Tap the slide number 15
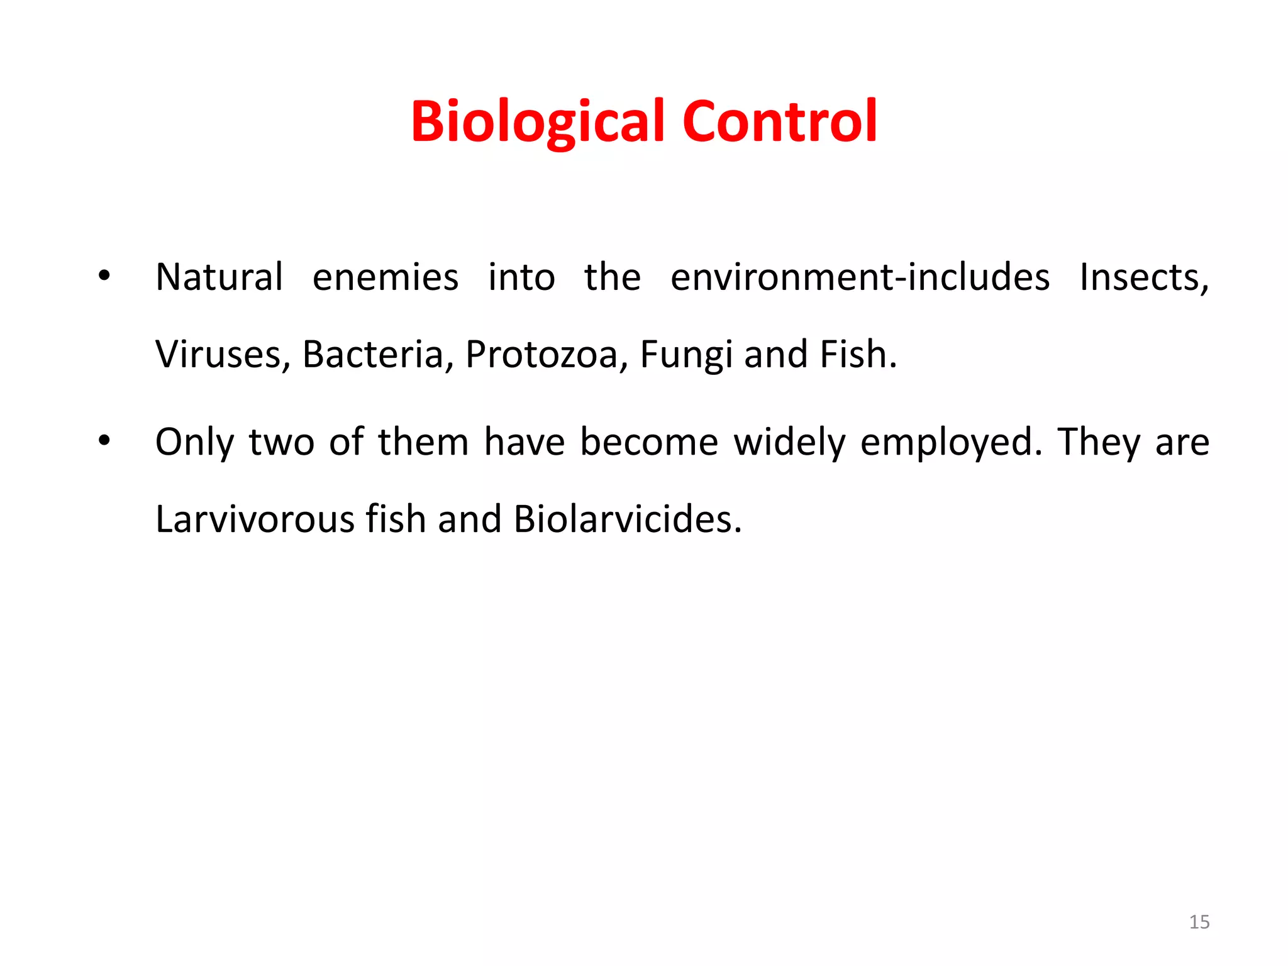point(1199,922)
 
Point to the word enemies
point(386,277)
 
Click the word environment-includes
point(860,277)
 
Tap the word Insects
point(1144,277)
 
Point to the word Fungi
point(686,355)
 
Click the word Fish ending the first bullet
point(858,354)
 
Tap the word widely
point(789,442)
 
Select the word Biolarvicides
point(627,519)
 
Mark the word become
point(648,442)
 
